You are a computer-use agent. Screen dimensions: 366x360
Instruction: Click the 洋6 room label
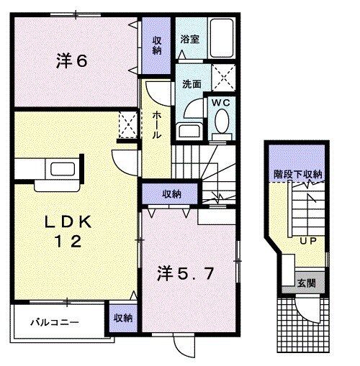pos(72,62)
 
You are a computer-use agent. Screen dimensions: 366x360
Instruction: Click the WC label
pos(220,103)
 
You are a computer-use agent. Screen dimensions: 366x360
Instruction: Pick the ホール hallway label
pos(156,124)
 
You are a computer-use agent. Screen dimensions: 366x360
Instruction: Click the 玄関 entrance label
pos(306,283)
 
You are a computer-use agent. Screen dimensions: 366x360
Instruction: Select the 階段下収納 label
pos(297,175)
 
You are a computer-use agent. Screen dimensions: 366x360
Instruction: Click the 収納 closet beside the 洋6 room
pos(157,45)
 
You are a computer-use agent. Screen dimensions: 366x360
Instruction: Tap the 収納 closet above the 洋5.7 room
pos(171,193)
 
